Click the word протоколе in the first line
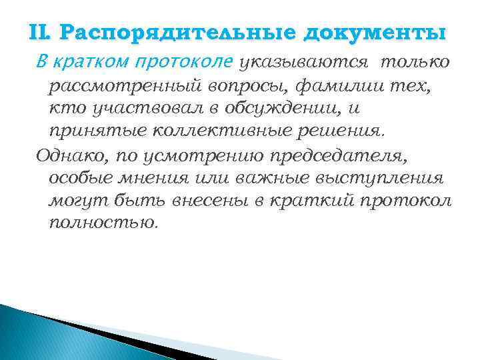tap(184, 63)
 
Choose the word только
tap(417, 63)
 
